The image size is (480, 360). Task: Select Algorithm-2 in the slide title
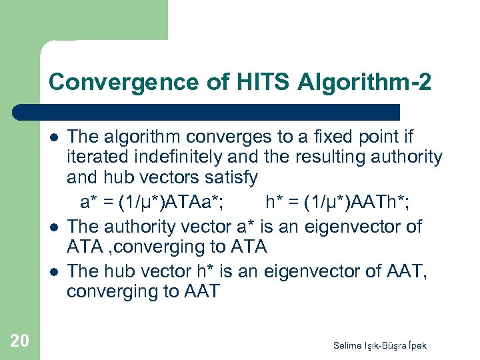click(357, 83)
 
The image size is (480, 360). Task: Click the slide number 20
click(19, 341)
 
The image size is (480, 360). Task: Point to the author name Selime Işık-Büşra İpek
click(380, 345)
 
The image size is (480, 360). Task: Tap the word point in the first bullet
click(377, 137)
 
